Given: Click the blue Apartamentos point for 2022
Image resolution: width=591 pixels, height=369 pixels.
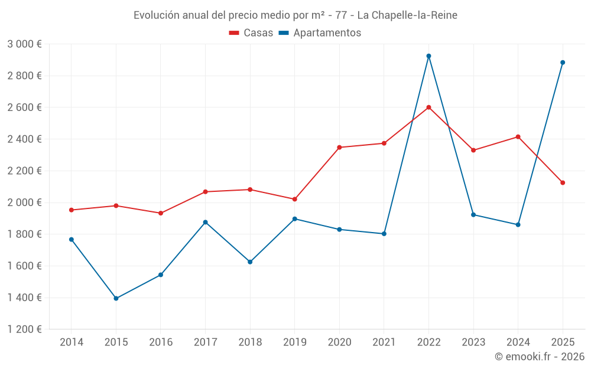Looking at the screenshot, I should pos(428,56).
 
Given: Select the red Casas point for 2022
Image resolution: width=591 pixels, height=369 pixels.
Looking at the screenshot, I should pos(428,107).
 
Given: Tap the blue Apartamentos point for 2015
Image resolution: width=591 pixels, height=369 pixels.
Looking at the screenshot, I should pos(116,298).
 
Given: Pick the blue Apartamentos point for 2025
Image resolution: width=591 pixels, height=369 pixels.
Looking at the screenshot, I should pos(563,63).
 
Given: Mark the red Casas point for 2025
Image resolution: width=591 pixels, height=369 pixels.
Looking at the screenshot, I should pos(563,183).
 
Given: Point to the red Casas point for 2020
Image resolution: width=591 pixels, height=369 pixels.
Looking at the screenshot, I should pos(339,147).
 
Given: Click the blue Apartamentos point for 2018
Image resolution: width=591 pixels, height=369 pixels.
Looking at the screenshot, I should pos(250,262).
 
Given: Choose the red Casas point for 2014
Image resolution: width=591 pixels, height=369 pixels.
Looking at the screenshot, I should pos(72,210).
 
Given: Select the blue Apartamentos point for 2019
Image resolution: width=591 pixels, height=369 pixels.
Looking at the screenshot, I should pos(295,219).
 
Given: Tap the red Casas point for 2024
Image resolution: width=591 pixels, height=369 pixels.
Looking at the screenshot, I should pos(518,137).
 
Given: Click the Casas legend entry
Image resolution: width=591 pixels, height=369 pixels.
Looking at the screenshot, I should pos(251,33).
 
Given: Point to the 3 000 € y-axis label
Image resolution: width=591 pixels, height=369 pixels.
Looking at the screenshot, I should pos(24,44).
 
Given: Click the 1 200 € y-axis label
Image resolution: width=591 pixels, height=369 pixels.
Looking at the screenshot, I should pos(24,329).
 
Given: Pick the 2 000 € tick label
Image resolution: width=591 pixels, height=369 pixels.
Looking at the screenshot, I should pos(24,203).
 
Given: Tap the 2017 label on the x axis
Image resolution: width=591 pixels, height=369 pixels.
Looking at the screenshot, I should pos(205,342).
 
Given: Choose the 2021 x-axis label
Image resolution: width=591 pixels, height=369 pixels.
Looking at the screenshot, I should pos(384,342).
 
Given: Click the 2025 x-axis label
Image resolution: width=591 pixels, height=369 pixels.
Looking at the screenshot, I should pos(563,342).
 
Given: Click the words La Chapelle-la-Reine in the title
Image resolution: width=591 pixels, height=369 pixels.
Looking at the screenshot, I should pos(407,15).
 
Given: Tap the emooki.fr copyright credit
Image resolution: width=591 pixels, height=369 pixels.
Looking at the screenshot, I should pos(539,357).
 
